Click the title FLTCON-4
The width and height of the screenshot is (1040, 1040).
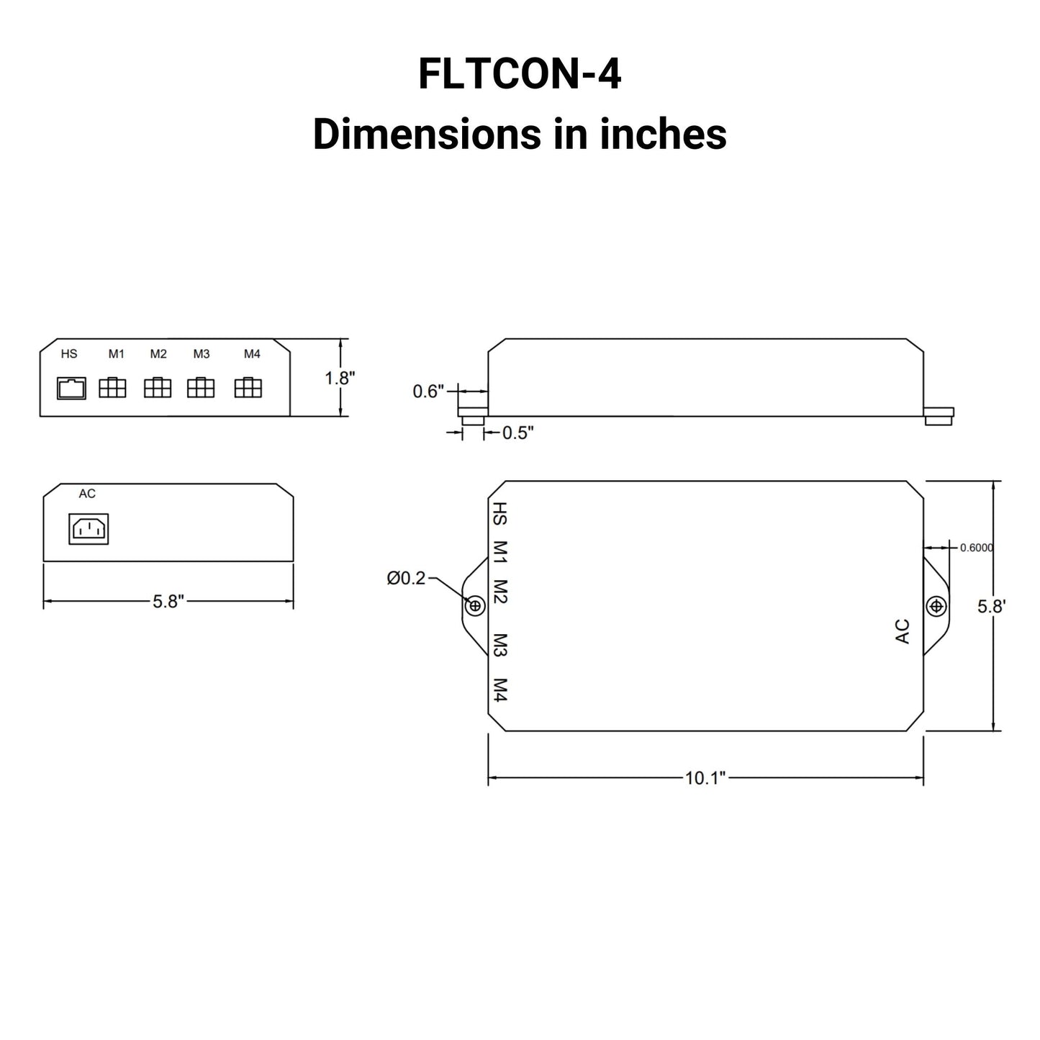click(x=519, y=74)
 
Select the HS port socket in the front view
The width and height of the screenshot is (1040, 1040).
click(x=71, y=388)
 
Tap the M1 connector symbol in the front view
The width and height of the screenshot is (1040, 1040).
click(x=112, y=388)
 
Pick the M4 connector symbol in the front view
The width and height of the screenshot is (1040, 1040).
click(x=248, y=388)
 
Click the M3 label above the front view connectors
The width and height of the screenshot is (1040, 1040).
click(x=202, y=354)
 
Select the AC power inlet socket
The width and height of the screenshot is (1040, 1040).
click(x=88, y=529)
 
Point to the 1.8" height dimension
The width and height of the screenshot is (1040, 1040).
click(x=339, y=378)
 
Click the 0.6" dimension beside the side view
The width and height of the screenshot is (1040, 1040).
click(x=429, y=392)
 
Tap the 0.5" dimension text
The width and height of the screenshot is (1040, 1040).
click(x=517, y=433)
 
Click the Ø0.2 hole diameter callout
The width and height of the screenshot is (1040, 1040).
click(x=406, y=578)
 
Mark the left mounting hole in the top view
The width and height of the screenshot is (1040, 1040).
click(x=475, y=606)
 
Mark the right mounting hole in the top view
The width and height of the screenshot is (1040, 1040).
click(x=936, y=606)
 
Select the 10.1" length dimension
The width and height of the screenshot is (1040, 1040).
click(x=705, y=778)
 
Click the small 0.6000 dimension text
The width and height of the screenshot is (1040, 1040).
click(x=977, y=548)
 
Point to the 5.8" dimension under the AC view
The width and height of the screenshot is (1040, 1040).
click(x=168, y=602)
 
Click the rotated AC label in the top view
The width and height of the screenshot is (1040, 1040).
click(x=903, y=631)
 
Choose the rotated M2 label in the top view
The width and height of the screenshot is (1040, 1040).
click(x=501, y=592)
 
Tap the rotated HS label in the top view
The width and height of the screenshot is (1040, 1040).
click(x=500, y=515)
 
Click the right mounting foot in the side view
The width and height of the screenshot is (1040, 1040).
click(x=939, y=415)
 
